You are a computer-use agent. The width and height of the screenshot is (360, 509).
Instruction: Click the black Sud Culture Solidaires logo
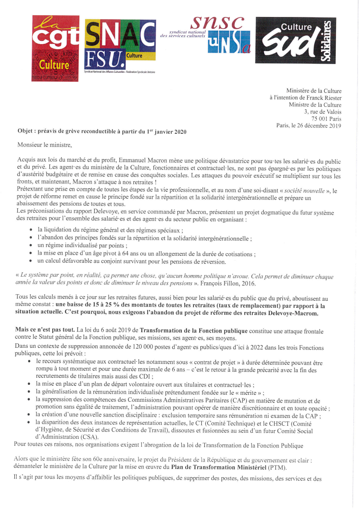pyautogui.click(x=295, y=41)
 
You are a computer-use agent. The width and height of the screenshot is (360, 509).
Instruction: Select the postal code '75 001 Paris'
pyautogui.click(x=326, y=119)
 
